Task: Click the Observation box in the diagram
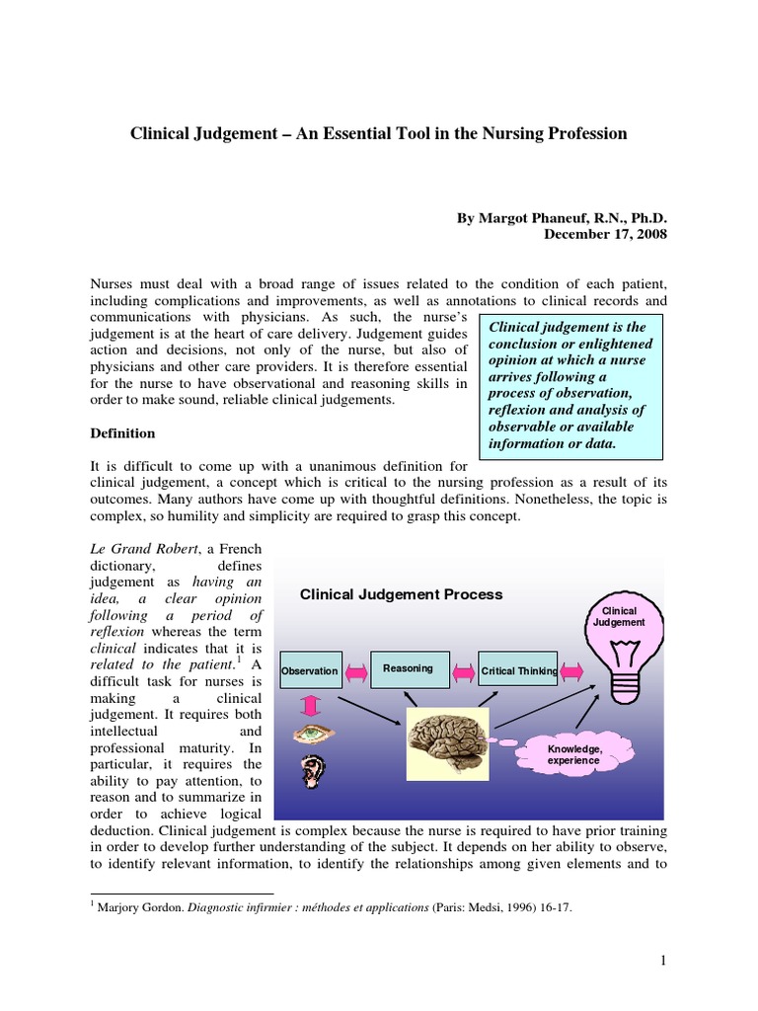pyautogui.click(x=311, y=671)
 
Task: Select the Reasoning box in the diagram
pyautogui.click(x=409, y=668)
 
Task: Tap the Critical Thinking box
pyautogui.click(x=517, y=671)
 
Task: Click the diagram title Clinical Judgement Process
pyautogui.click(x=401, y=594)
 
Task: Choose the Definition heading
pyautogui.click(x=123, y=433)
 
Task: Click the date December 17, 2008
pyautogui.click(x=605, y=234)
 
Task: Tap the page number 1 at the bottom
pyautogui.click(x=663, y=962)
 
